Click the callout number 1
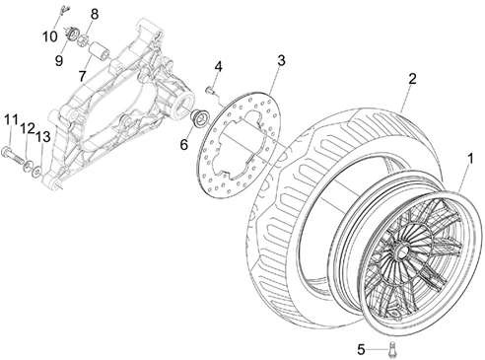469,157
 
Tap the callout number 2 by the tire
413,79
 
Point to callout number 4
218,67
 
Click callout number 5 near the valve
362,347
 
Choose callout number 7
84,76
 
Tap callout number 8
95,14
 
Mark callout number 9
59,61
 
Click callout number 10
48,37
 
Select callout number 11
10,119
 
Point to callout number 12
28,128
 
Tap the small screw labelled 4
210,90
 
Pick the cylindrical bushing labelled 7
99,46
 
